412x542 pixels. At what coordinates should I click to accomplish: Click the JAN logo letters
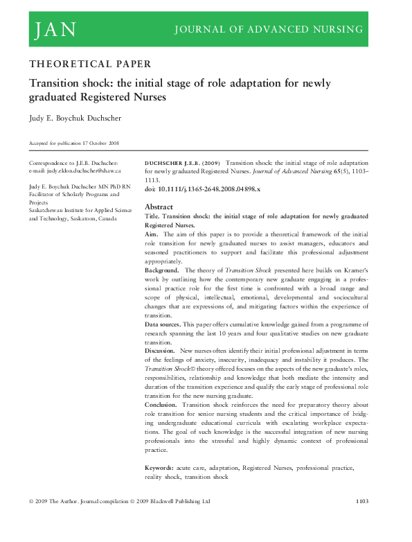[53, 29]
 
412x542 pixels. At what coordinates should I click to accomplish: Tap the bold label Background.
[163, 270]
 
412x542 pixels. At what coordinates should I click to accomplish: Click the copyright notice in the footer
[118, 519]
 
